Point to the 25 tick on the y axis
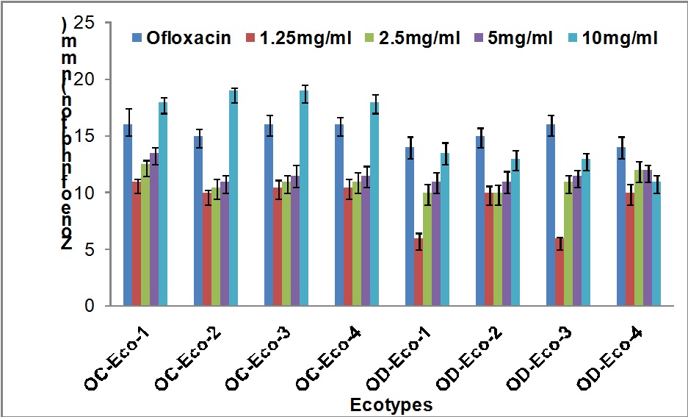click(x=86, y=23)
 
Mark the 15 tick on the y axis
click(x=86, y=136)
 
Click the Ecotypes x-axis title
click(x=391, y=404)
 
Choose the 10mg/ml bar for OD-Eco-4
click(x=657, y=243)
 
